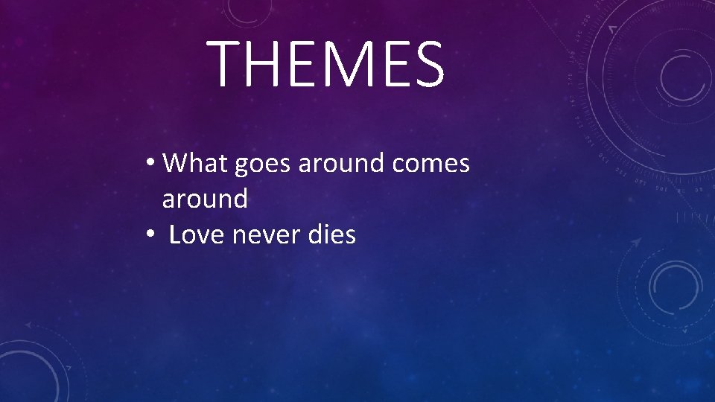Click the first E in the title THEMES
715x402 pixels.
click(x=296, y=64)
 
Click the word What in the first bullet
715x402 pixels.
click(x=195, y=162)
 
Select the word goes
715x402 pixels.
click(x=264, y=164)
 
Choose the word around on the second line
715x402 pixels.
click(x=205, y=199)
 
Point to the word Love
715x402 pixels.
click(x=197, y=234)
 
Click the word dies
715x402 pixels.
click(x=331, y=234)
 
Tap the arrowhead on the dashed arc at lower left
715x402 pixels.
click(x=28, y=325)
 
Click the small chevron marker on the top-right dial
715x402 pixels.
click(x=612, y=29)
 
